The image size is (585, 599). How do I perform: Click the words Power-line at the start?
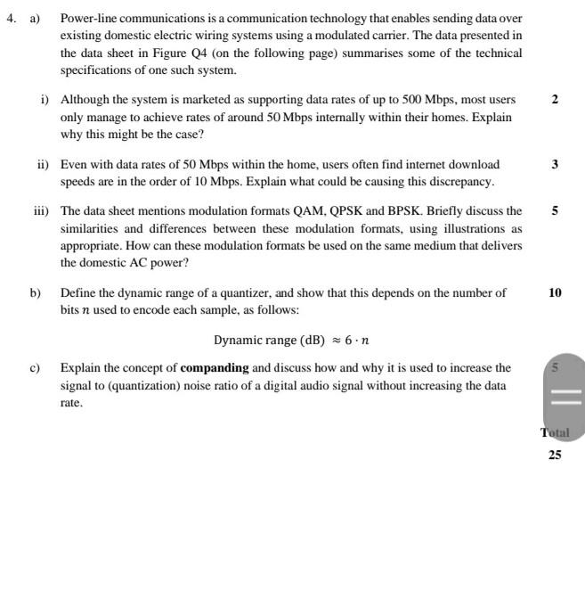87,19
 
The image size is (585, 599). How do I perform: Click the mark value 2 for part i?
555,100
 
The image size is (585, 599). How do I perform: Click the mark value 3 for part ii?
555,165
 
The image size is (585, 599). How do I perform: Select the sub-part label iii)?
40,212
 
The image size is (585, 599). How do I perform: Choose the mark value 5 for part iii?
555,212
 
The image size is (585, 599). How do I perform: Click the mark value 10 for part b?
555,293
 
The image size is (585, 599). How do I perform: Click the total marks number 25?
555,455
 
